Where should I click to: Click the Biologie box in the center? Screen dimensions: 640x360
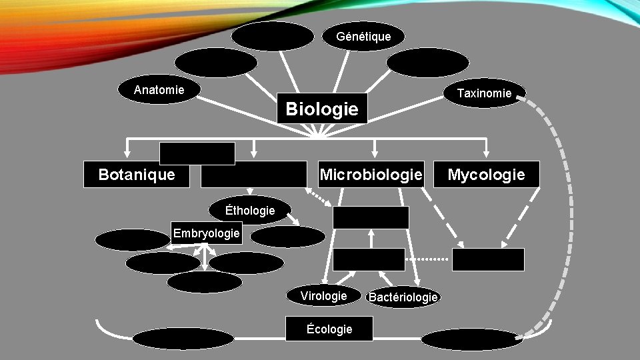pos(322,108)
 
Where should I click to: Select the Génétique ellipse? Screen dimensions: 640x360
pos(364,36)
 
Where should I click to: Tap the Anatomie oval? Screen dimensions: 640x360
pos(159,90)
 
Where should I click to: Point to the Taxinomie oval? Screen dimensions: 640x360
pos(485,93)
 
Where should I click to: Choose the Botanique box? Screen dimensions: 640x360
pos(137,175)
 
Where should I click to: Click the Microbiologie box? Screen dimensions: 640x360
pos(371,175)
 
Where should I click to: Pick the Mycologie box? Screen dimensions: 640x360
pos(486,175)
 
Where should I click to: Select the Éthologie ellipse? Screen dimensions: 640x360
pos(250,210)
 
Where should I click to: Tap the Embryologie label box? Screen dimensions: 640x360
pos(206,233)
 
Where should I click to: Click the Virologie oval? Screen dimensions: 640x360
pos(323,296)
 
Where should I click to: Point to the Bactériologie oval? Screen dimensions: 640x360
pos(403,297)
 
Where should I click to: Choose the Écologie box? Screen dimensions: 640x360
pos(329,329)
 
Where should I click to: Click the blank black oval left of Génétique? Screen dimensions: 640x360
pos(273,36)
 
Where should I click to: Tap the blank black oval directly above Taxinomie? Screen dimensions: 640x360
pos(427,63)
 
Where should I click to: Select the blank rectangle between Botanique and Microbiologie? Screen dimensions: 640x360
pos(253,175)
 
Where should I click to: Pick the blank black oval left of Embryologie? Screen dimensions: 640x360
pos(132,239)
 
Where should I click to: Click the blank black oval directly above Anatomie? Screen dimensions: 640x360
pos(215,63)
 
